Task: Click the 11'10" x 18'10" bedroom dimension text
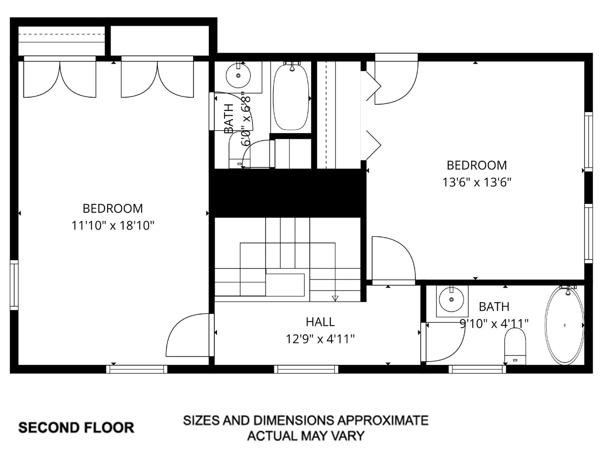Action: coord(113,226)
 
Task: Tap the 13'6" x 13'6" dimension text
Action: coord(477,182)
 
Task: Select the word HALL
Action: coord(320,322)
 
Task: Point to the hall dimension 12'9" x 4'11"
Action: coord(320,339)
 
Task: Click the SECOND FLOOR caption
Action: coord(76,428)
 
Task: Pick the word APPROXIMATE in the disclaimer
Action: coord(383,420)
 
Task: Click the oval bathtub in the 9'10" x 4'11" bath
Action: coord(564,325)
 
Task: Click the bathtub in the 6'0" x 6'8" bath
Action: coord(291,97)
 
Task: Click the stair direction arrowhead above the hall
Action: coord(335,298)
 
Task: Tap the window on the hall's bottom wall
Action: coord(306,369)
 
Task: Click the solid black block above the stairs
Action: coord(288,193)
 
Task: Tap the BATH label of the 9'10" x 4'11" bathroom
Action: coord(494,307)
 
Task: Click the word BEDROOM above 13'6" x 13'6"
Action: coord(477,165)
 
